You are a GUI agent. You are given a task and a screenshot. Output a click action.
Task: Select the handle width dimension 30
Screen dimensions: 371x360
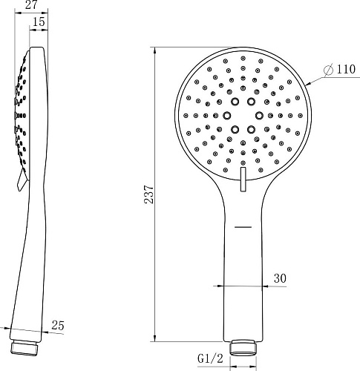(280, 278)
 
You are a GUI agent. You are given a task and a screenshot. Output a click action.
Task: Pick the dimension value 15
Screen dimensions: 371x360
(39, 23)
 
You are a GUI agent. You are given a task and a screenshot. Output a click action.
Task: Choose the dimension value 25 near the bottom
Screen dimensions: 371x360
(58, 324)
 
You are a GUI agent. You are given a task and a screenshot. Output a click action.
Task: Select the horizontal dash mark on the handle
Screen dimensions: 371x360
(242, 224)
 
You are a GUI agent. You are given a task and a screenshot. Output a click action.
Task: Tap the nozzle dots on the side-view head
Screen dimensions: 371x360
(20, 111)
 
